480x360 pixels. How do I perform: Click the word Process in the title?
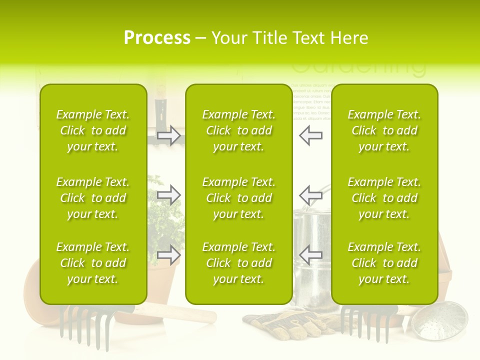[x=157, y=38]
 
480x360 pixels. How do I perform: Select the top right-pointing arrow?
[x=169, y=135]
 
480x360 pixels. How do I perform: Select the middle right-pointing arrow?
[x=169, y=195]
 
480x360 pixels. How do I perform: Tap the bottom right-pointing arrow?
[x=169, y=255]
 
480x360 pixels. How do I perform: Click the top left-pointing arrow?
[x=310, y=135]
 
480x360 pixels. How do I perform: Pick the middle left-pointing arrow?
[x=310, y=195]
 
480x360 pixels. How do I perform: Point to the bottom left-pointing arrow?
[x=310, y=255]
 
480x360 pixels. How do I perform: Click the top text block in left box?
[x=93, y=130]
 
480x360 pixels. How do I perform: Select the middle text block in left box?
[x=93, y=198]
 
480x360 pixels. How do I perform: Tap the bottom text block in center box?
[x=238, y=263]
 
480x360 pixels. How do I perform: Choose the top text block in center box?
[x=238, y=130]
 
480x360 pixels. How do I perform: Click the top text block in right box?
[x=384, y=130]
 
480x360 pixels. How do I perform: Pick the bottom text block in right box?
[x=384, y=263]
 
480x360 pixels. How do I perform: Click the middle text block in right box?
[x=384, y=198]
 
